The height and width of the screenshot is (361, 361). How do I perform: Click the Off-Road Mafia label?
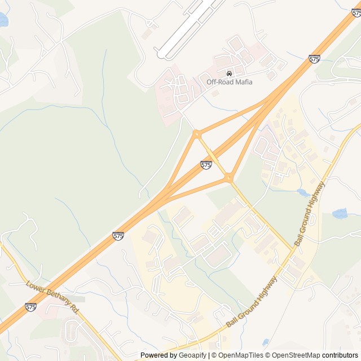point(229,82)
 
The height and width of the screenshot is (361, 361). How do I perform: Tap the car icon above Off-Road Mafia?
point(229,74)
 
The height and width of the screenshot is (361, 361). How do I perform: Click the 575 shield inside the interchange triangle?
point(206,165)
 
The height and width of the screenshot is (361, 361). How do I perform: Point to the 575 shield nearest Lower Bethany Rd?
point(32,307)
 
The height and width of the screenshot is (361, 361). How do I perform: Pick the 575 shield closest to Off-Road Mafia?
point(315,59)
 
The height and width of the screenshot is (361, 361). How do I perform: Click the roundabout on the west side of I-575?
point(197,134)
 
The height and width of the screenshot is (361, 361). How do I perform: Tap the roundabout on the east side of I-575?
point(228,178)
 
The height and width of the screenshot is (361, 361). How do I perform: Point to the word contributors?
point(340,355)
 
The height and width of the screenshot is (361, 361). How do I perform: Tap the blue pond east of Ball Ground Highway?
point(340,213)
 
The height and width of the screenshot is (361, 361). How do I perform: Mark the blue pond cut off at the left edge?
point(2,20)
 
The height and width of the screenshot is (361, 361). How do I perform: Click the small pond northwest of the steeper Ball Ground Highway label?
point(303,192)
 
